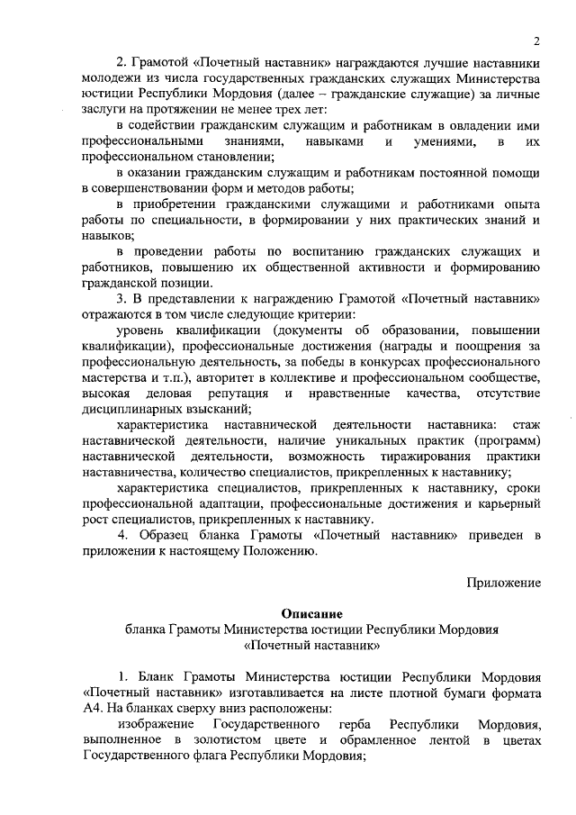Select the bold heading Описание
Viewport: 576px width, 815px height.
[310, 612]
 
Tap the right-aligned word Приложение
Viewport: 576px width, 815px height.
[504, 582]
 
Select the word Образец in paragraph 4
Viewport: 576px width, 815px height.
[169, 536]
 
